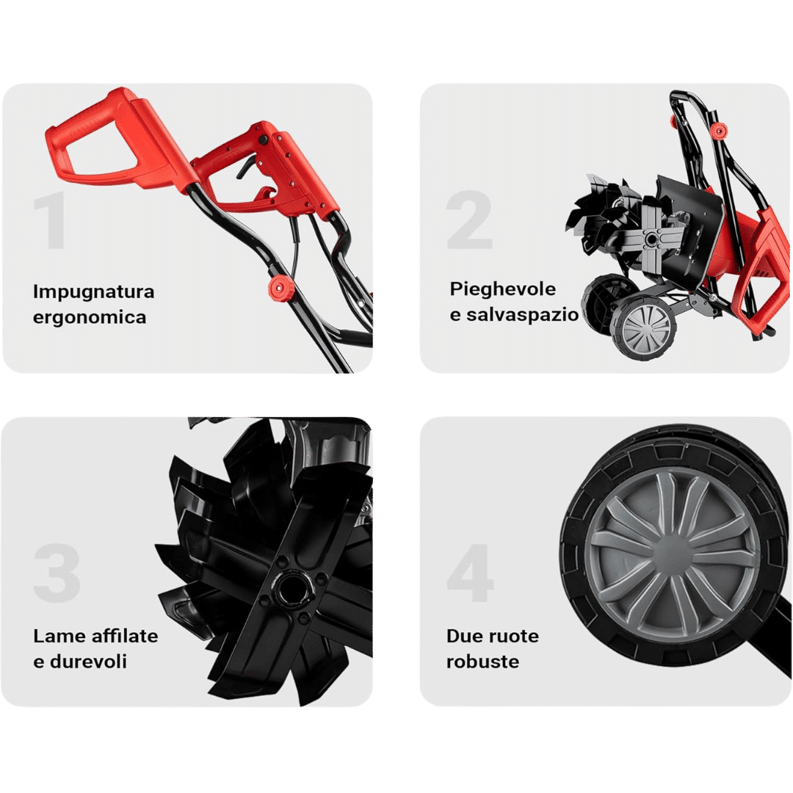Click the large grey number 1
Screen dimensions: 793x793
tap(50, 220)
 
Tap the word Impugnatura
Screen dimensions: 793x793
tap(93, 292)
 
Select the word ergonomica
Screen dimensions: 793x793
tap(90, 318)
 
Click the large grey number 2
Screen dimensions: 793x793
tap(469, 220)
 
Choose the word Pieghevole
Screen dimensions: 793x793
tap(503, 290)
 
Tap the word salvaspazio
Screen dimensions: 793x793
tap(523, 315)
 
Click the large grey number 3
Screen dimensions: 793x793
tap(57, 573)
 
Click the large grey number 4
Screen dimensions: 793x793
tap(470, 573)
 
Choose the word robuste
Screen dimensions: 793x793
tap(482, 662)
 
